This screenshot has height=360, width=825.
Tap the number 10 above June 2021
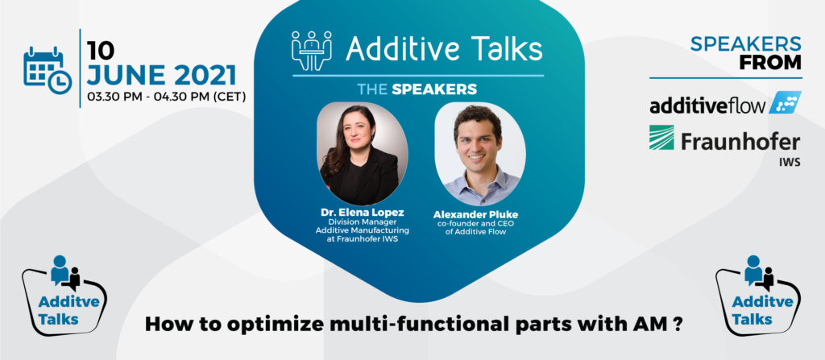(x=101, y=49)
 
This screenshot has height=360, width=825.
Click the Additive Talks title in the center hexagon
(x=444, y=49)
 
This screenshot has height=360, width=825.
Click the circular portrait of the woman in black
(x=362, y=154)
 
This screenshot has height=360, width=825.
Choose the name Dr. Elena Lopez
(x=362, y=213)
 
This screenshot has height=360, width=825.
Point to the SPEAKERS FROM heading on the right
(x=745, y=53)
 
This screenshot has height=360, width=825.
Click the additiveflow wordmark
(x=706, y=105)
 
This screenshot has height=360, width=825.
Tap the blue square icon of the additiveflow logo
(x=785, y=103)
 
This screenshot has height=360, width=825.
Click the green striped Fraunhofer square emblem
(x=661, y=139)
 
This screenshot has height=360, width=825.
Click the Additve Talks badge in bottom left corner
(x=64, y=292)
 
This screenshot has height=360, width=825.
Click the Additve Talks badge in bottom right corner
(x=758, y=292)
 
